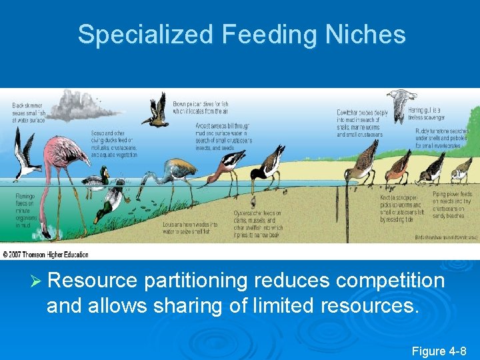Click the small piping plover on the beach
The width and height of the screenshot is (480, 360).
pyautogui.click(x=460, y=173)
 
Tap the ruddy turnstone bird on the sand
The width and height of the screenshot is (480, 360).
pyautogui.click(x=433, y=167)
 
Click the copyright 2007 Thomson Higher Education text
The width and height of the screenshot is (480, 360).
pyautogui.click(x=45, y=255)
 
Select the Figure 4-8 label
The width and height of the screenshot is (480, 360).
pyautogui.click(x=439, y=351)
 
